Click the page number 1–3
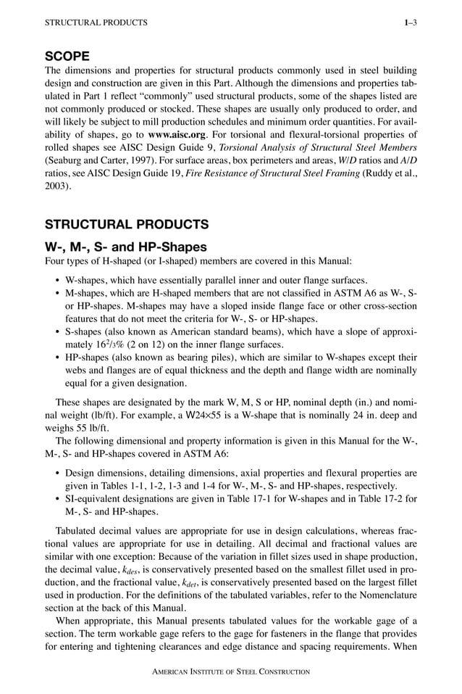tap(411, 23)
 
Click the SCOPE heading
tap(67, 56)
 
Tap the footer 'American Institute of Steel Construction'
tap(230, 672)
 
